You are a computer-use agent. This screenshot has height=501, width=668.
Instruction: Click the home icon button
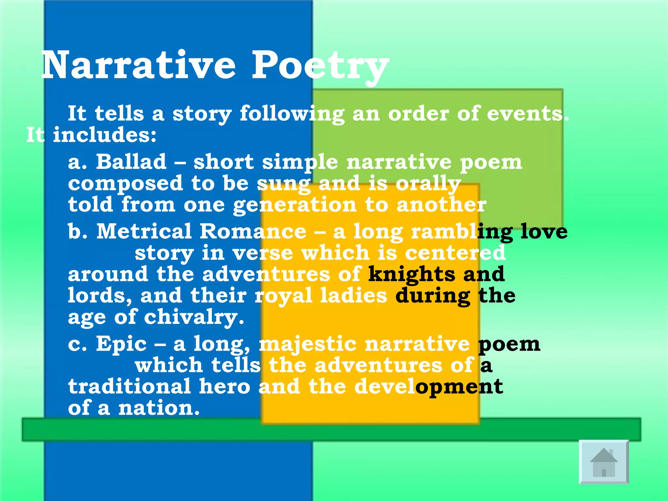point(604,462)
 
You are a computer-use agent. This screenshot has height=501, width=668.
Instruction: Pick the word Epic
point(121,344)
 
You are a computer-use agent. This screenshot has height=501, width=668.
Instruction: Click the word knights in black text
point(412,275)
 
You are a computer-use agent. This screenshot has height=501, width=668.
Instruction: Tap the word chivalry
point(194,317)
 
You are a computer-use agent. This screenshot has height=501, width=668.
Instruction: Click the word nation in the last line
point(159,408)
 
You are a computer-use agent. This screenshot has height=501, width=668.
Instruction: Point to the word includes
point(104,135)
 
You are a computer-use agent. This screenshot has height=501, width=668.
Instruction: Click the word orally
point(428,184)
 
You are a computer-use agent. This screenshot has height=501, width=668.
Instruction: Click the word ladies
point(354,296)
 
